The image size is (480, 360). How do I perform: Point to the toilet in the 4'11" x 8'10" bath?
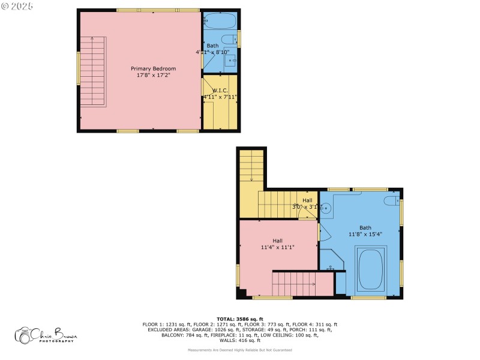(x=229, y=40)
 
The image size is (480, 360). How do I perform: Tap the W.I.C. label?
(x=219, y=90)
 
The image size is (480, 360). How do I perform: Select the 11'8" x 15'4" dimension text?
(x=365, y=235)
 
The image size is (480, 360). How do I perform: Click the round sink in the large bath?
(x=326, y=209)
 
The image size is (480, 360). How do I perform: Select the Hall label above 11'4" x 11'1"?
(x=277, y=241)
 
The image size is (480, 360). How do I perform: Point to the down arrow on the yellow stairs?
(x=251, y=178)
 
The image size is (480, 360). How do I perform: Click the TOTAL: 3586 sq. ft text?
(x=239, y=319)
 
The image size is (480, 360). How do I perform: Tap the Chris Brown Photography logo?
(x=47, y=335)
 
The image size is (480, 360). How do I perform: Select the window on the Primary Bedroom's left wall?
(x=78, y=68)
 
